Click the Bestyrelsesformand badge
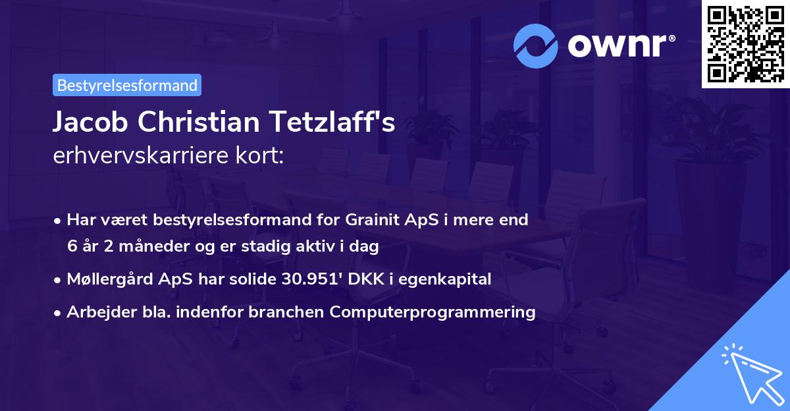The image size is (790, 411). pos(127,85)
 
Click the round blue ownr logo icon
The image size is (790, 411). pos(536,45)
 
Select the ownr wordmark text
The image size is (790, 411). pos(619,45)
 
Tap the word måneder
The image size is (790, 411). pos(143,247)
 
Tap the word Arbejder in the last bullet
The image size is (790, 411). pos(97,312)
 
